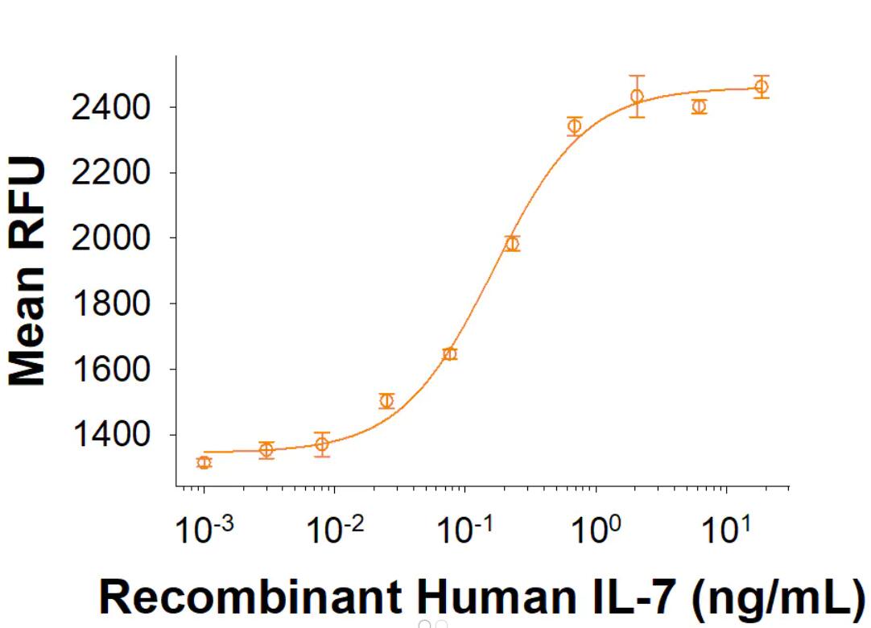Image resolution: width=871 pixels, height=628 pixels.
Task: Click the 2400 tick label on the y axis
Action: point(110,107)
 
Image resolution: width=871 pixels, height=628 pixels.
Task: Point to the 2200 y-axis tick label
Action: point(110,172)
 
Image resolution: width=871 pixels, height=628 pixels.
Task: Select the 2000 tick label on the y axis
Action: point(110,238)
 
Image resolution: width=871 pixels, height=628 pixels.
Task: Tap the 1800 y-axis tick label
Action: point(110,304)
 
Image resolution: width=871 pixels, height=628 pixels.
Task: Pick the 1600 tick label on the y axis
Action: point(110,370)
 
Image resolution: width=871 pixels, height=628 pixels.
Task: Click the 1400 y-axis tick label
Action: point(110,436)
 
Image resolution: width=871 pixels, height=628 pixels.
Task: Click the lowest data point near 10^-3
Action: point(204,462)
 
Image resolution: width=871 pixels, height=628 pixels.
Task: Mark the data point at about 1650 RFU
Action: point(449,354)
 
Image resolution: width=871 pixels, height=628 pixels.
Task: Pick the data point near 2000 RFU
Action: point(512,243)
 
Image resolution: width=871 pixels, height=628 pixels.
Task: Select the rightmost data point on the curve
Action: point(761,86)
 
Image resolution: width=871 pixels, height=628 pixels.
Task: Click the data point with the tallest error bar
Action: point(637,97)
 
